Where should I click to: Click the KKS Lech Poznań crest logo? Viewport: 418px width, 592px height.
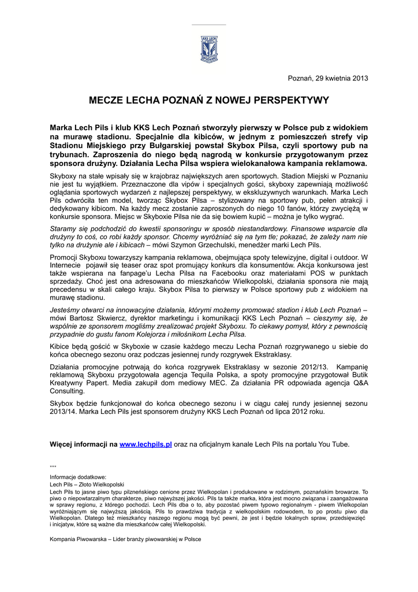coord(209,49)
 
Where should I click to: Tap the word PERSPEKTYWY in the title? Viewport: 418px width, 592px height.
coord(289,101)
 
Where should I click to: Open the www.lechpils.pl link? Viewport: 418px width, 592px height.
coord(146,444)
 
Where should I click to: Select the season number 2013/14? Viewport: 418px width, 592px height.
coord(64,412)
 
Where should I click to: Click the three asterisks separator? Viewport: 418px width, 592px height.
coord(53,466)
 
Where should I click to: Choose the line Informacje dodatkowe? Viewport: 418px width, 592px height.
coord(74,477)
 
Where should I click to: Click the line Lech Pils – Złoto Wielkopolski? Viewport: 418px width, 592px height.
coord(87,484)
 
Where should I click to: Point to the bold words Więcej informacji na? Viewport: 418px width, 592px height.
coord(84,444)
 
